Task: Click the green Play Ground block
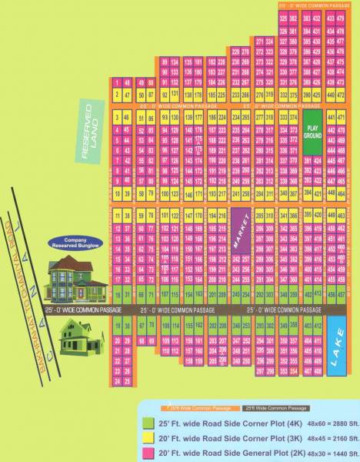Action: click(312, 132)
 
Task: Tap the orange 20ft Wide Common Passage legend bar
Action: click(195, 407)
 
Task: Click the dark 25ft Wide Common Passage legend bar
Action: click(276, 407)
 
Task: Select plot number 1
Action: click(115, 82)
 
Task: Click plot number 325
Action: click(284, 18)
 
